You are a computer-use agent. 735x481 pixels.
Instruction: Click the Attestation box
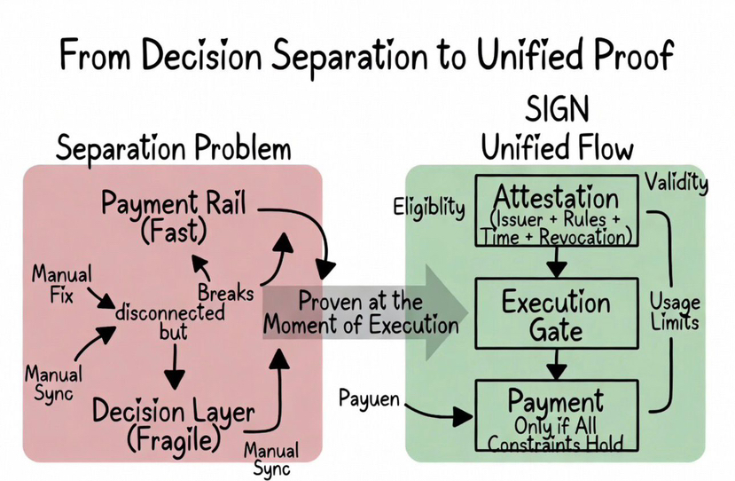point(555,209)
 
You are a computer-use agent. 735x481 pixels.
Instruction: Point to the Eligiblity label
point(429,208)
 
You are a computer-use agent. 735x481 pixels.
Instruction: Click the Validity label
point(676,184)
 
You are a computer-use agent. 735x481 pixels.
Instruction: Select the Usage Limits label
point(674,310)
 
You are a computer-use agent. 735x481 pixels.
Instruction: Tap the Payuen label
point(371,399)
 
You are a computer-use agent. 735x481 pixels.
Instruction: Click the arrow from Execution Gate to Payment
point(556,364)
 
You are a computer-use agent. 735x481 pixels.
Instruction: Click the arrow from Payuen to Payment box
point(439,414)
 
